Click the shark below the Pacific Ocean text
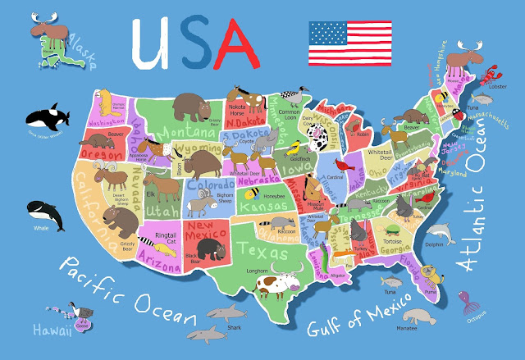tap(225, 313)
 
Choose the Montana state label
tap(189, 131)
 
